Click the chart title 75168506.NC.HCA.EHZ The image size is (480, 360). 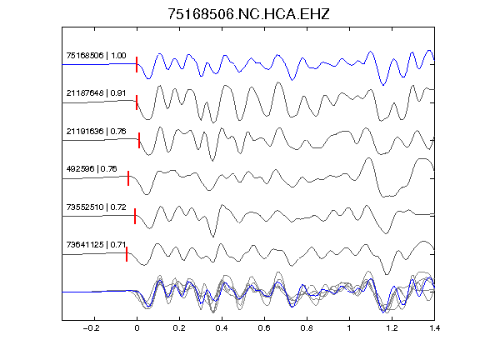248,14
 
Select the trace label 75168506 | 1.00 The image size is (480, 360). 96,55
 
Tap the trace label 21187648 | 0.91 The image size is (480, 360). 96,93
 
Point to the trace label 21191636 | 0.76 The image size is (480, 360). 96,132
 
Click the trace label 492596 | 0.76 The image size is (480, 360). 92,168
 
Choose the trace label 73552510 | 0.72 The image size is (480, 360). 96,207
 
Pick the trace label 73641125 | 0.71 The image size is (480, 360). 96,245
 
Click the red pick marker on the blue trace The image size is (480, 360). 137,65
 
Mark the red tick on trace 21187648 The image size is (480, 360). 137,102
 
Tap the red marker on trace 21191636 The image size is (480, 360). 139,140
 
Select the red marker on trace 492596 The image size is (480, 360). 128,178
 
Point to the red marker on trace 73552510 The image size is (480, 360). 135,216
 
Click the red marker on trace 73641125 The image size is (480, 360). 127,254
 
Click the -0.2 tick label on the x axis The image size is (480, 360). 92,328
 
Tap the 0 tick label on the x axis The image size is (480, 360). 137,328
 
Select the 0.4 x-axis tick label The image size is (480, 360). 222,328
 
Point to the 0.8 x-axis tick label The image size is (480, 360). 307,328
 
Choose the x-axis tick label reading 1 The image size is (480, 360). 349,328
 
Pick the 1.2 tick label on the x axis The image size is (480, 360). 392,328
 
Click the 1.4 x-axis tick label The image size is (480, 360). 434,328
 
